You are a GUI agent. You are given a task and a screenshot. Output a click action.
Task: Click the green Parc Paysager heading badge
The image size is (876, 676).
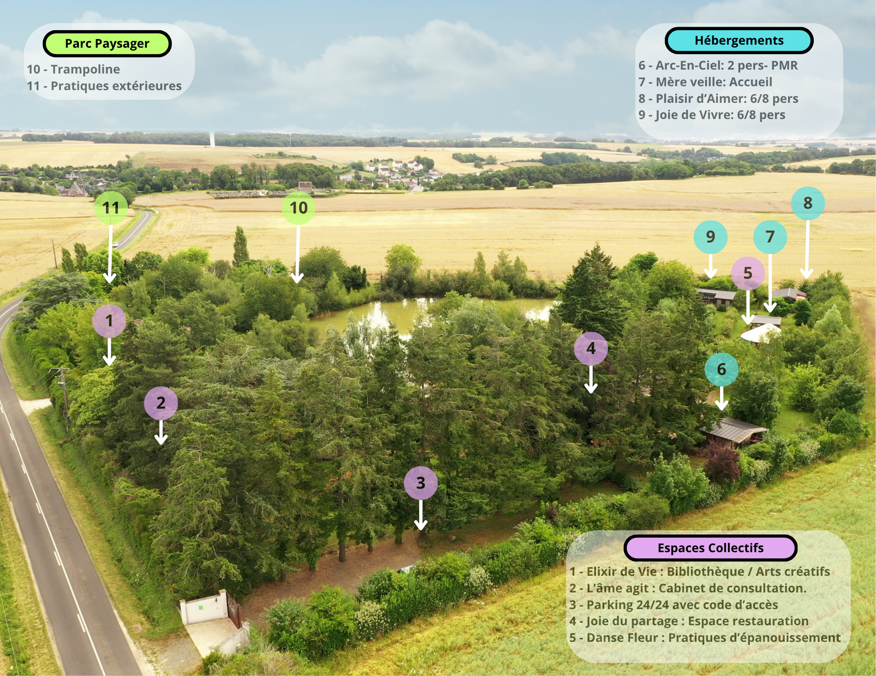coord(107,44)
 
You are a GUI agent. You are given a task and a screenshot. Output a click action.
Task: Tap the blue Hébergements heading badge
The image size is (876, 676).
coord(739,41)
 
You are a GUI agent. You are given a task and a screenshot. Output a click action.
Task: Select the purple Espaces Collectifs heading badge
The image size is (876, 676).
coord(710,548)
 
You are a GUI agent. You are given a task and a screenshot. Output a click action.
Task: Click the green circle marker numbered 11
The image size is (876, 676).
coord(111,208)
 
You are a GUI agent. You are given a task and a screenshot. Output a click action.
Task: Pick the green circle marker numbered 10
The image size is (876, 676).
coord(299,208)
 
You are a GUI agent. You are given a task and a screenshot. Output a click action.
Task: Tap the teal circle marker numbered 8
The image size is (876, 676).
coord(808,203)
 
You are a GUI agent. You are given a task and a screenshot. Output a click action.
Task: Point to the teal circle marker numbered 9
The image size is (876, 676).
coord(710,237)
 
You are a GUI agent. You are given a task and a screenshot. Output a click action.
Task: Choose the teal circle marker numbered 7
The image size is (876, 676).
coord(770,237)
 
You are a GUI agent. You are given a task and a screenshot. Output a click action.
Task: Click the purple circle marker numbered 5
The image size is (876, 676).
coord(748,273)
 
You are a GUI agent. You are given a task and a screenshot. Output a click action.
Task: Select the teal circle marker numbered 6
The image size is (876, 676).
coord(721,369)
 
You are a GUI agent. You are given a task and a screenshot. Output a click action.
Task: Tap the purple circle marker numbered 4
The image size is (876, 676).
coord(591,348)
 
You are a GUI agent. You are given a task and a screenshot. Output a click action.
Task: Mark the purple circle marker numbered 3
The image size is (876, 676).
coord(420,483)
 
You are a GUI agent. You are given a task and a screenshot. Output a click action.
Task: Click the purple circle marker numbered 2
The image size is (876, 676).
coord(161,403)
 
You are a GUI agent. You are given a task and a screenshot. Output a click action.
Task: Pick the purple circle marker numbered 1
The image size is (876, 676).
coord(109,321)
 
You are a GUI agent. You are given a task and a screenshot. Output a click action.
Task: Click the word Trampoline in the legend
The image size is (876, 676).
coord(85,69)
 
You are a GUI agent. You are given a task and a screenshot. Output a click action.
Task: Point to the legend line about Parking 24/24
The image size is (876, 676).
coord(674,605)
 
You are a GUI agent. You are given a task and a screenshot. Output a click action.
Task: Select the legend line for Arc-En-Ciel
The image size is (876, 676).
coord(718,66)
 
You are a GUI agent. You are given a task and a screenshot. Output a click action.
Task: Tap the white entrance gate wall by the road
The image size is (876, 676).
coord(204,608)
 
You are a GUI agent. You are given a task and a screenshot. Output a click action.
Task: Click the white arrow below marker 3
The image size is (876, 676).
coord(420,515)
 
